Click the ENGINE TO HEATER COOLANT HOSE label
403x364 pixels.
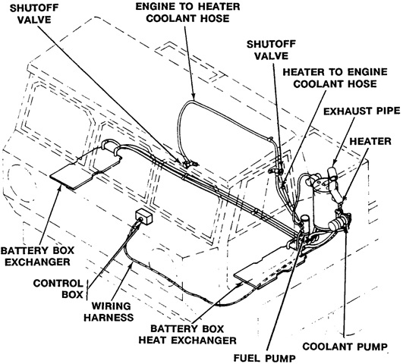point(187,12)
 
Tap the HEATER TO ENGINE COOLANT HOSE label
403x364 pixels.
point(335,78)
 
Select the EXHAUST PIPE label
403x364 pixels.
point(361,111)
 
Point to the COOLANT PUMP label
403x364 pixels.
point(345,347)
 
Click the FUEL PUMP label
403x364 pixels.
point(265,358)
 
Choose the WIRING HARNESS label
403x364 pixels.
point(109,312)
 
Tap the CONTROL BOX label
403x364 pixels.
point(58,289)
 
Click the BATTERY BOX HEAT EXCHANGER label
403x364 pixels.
point(187,334)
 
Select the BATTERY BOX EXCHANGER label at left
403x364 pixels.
point(37,256)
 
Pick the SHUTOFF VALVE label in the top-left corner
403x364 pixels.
point(34,14)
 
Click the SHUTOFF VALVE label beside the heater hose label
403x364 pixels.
point(271,50)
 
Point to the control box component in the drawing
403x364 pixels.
point(144,216)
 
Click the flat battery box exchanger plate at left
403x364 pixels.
point(86,167)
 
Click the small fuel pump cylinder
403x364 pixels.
point(305,223)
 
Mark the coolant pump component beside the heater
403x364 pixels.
point(338,223)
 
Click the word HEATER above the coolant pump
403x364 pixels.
point(370,142)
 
